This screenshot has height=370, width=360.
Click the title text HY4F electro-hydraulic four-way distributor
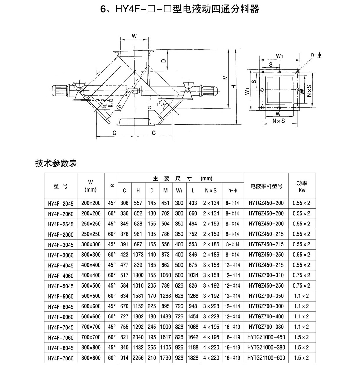(180, 9)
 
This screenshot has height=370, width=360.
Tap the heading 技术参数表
(56, 163)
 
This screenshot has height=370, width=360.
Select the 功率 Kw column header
(302, 186)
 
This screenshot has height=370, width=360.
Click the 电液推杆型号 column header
(266, 186)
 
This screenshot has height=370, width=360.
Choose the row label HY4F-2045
(61, 203)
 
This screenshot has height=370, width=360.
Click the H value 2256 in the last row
(138, 358)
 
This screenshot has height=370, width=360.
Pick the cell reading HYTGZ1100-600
(266, 358)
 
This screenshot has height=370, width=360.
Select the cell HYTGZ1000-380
(266, 348)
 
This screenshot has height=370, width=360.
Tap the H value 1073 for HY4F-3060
(138, 255)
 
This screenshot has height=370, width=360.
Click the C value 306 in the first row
(124, 203)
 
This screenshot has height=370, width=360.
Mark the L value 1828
(193, 358)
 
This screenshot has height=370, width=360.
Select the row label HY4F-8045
(61, 348)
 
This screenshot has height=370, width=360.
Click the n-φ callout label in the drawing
(316, 55)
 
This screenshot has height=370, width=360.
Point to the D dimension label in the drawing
(163, 61)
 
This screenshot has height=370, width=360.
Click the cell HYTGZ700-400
(266, 317)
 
